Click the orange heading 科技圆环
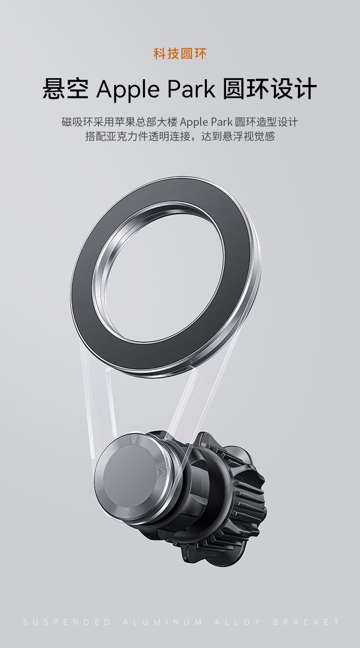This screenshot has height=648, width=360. click(x=180, y=54)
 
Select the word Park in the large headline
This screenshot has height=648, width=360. click(x=192, y=88)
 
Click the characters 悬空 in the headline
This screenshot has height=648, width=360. click(x=66, y=88)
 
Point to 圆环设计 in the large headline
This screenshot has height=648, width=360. click(x=270, y=88)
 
